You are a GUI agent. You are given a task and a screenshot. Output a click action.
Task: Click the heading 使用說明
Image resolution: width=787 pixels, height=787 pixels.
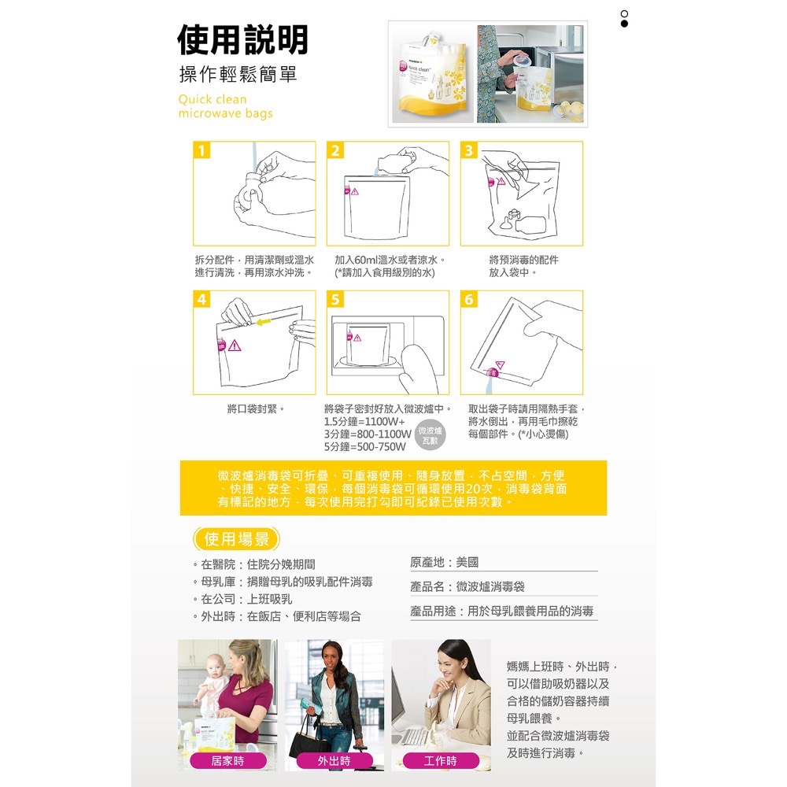coord(242,39)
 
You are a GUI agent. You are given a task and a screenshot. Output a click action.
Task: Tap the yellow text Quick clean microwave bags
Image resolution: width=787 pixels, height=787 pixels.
coord(225,106)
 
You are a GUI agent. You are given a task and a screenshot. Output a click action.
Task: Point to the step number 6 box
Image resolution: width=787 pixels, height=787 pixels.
coord(469,300)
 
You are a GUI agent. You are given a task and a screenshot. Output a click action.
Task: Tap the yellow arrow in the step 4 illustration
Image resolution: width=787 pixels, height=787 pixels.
coord(264,321)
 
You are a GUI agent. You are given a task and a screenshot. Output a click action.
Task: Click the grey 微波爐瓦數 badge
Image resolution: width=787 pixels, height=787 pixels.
coord(430,435)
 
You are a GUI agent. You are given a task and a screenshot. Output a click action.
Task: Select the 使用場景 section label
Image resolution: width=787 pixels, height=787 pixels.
coord(236,539)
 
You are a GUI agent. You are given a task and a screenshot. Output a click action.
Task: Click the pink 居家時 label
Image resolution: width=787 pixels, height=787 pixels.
coord(227,760)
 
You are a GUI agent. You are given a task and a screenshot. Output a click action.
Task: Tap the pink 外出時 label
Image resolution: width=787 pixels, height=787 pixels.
coord(334,760)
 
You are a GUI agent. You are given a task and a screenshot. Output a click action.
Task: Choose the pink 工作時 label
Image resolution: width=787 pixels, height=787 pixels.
coord(440,760)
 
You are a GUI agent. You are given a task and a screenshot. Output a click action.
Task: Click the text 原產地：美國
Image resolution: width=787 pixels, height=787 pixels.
coord(444,563)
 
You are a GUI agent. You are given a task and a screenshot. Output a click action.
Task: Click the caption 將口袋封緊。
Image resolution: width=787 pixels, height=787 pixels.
coord(256,409)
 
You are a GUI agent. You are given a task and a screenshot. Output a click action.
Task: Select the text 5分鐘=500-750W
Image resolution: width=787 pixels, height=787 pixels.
coord(365,447)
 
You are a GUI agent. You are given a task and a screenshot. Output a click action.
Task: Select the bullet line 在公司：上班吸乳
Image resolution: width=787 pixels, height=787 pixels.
coord(246,599)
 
